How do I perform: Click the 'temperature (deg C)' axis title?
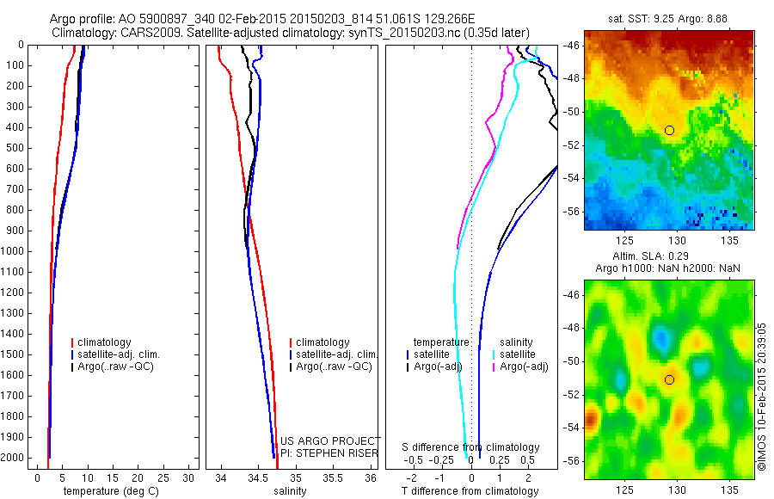click(x=107, y=491)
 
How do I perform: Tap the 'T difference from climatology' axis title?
click(x=470, y=491)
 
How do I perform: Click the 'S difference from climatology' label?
click(x=470, y=447)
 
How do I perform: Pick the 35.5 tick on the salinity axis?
click(x=332, y=477)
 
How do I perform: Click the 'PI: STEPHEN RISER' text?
click(x=329, y=452)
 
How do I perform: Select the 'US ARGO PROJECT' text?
click(x=330, y=440)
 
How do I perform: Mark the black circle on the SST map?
click(x=669, y=130)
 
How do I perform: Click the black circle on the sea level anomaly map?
click(x=669, y=379)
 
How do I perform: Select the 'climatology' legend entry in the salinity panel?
click(x=322, y=342)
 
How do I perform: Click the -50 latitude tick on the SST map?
click(x=572, y=111)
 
